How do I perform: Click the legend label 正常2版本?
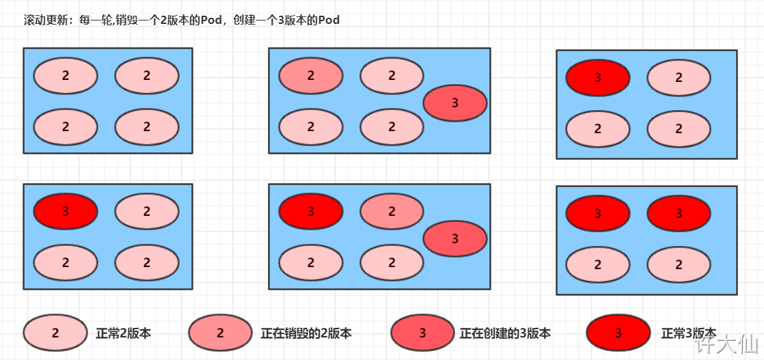124,333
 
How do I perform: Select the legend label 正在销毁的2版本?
306,333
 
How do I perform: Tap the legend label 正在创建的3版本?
505,333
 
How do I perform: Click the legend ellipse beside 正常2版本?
55,333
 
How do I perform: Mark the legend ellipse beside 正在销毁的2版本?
220,333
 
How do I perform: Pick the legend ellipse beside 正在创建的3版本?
422,333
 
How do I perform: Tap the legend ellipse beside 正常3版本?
618,333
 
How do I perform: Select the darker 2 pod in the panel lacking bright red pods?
310,76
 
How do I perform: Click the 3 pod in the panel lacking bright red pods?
455,103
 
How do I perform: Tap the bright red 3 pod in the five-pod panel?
310,211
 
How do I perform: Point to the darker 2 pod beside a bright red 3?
392,211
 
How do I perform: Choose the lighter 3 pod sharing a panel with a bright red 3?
455,238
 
